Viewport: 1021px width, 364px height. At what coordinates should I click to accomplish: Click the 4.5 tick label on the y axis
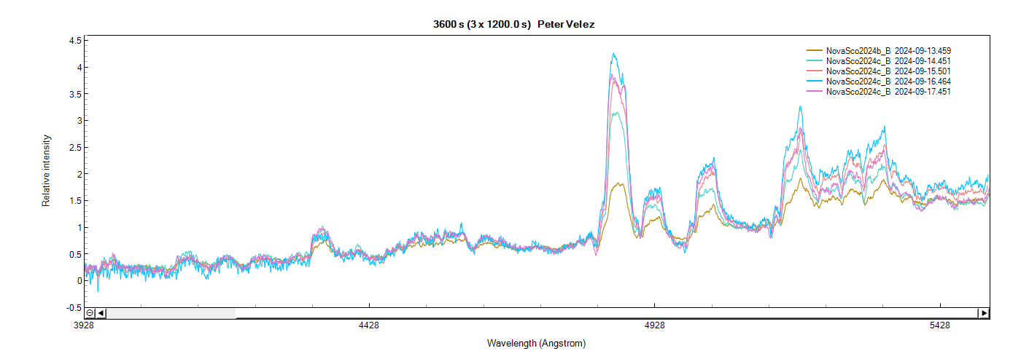point(75,41)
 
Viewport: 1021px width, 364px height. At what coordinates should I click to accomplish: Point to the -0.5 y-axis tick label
point(74,307)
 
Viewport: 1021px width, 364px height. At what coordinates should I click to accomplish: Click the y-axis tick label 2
point(79,174)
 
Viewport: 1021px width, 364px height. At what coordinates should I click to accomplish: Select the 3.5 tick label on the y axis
point(75,94)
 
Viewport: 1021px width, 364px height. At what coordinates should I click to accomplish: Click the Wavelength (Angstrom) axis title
point(536,343)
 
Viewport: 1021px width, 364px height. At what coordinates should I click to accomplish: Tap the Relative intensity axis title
point(47,170)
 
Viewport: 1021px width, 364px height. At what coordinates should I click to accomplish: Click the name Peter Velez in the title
point(567,25)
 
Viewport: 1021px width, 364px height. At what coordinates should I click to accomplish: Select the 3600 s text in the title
point(449,25)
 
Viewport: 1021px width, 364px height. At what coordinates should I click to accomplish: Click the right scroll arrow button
point(984,313)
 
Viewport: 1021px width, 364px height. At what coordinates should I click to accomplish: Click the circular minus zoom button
point(90,313)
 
